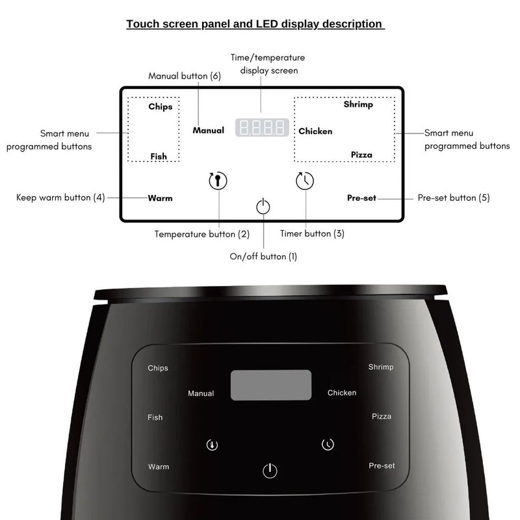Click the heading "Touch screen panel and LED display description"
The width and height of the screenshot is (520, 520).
[x=254, y=24]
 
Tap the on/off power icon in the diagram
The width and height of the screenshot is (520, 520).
[x=263, y=207]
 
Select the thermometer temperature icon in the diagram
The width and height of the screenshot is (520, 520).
[x=218, y=181]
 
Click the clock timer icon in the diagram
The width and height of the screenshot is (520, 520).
[x=305, y=181]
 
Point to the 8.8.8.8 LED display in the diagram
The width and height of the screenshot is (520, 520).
[x=261, y=127]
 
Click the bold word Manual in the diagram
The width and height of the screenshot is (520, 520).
[x=208, y=131]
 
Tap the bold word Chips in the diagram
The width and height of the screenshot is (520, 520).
[x=160, y=107]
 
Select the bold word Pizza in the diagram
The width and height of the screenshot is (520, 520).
[x=361, y=155]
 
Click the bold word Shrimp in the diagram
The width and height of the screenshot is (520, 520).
[x=358, y=105]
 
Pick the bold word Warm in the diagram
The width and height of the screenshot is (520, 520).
[x=160, y=198]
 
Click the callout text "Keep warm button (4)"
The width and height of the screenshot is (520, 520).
[x=60, y=197]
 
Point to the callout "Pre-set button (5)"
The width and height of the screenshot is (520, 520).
[x=453, y=198]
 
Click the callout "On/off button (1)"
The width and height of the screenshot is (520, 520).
[x=263, y=256]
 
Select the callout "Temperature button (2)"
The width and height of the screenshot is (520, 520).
[x=201, y=233]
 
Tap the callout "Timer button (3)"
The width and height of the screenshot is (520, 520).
[x=312, y=233]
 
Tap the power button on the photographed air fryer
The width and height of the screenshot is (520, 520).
[x=270, y=471]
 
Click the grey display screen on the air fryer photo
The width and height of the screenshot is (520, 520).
[x=270, y=385]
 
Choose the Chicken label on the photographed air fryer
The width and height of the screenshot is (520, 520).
[x=342, y=393]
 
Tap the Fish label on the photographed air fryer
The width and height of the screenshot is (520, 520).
[x=155, y=417]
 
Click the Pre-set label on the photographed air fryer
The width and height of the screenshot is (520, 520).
[x=382, y=466]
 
